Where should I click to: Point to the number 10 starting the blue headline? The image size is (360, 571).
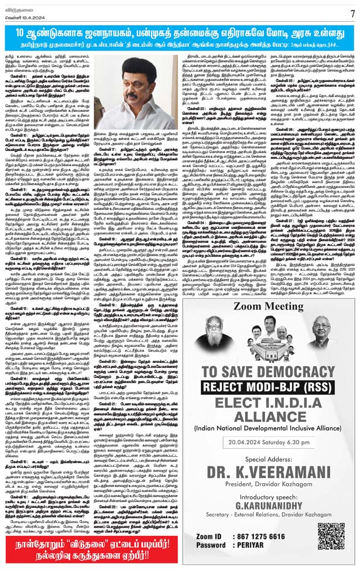coord(23,31)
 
